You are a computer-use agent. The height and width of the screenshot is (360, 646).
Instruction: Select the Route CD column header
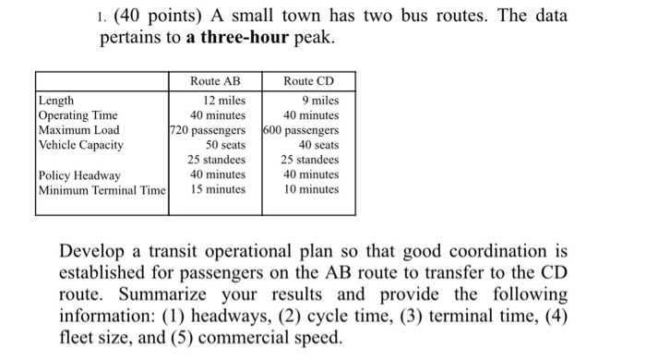click(307, 81)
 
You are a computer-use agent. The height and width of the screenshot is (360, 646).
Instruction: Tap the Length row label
click(57, 101)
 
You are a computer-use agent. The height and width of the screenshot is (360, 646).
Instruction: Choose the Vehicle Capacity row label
click(81, 145)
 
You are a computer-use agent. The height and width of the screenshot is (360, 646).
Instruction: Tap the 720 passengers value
click(208, 130)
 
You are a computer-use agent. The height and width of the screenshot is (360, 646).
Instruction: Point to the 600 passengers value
click(301, 130)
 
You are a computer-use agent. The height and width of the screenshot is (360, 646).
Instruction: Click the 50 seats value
click(225, 145)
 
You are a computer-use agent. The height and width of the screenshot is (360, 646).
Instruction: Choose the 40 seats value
click(318, 145)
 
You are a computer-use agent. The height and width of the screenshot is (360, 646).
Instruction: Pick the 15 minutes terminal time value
click(218, 189)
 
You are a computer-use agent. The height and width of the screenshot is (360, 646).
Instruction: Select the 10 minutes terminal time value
click(312, 189)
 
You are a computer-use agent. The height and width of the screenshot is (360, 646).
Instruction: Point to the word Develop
click(92, 252)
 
